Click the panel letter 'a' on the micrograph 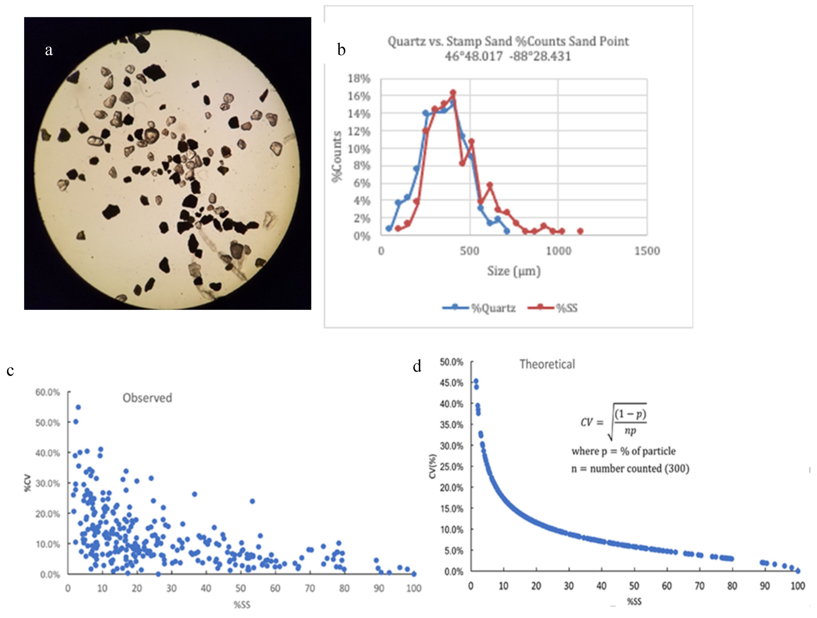pos(49,50)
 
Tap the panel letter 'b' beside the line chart pos(341,49)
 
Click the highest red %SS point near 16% pos(453,93)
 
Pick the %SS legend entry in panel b pos(553,308)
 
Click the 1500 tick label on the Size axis pos(647,251)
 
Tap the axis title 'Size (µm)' pos(514,271)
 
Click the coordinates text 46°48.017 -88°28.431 pos(508,56)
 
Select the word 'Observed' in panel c pos(147,398)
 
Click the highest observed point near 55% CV pos(78,408)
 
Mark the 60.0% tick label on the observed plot pos(48,392)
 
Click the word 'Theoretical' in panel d pos(547,364)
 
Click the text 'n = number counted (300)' pos(630,469)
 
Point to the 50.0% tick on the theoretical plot pos(451,362)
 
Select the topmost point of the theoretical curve pos(476,381)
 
